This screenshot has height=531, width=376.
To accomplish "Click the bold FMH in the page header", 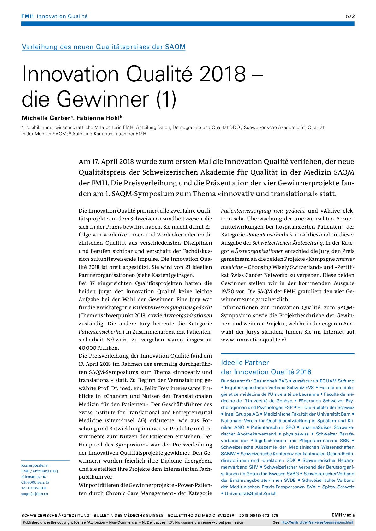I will pyautogui.click(x=27, y=16).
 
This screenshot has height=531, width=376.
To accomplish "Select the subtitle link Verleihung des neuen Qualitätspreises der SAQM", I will pyautogui.click(x=104, y=47).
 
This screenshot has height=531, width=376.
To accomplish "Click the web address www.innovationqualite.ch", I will pyautogui.click(x=254, y=340).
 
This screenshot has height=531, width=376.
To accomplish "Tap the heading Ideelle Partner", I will pyautogui.click(x=245, y=362).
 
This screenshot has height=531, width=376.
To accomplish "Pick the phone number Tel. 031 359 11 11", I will pyautogui.click(x=34, y=488).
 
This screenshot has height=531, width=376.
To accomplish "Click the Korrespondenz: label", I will pyautogui.click(x=35, y=465).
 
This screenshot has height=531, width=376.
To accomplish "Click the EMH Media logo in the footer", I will pyautogui.click(x=343, y=515).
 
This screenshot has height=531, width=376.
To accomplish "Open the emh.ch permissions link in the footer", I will pyautogui.click(x=317, y=522).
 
